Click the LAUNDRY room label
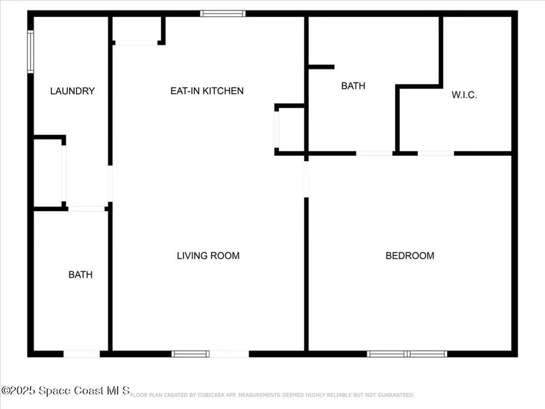[x=73, y=92]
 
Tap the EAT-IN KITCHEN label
[x=207, y=91]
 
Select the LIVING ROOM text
[x=208, y=256]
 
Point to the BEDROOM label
[x=410, y=256]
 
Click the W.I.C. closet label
[x=465, y=95]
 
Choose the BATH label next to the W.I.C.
[x=353, y=86]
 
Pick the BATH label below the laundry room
[x=80, y=275]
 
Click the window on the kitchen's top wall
[x=223, y=13]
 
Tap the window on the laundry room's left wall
[x=30, y=52]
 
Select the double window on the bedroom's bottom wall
[x=407, y=354]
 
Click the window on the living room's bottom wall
[x=190, y=354]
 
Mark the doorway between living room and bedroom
[x=306, y=179]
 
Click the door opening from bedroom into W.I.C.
[x=435, y=153]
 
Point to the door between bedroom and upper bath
[x=374, y=153]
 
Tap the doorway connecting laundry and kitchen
[x=110, y=184]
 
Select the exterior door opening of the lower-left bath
[x=82, y=354]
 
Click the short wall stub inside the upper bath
[x=321, y=67]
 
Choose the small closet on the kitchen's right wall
[x=290, y=130]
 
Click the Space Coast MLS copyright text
[x=66, y=390]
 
